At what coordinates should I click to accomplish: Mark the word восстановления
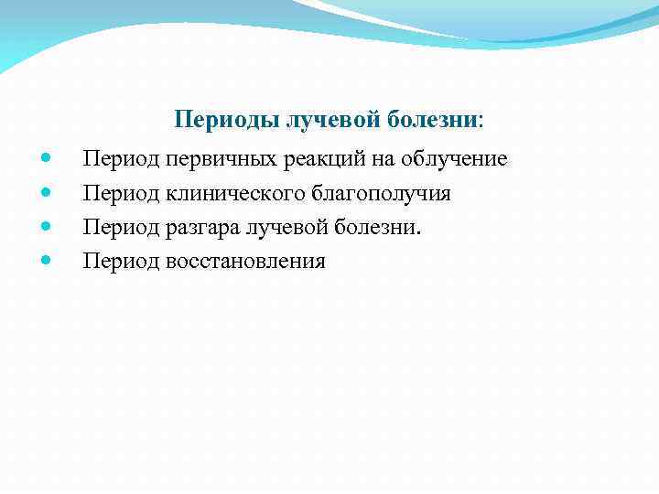245,262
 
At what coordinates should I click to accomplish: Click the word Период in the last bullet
121,262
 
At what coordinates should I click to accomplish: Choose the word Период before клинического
121,194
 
